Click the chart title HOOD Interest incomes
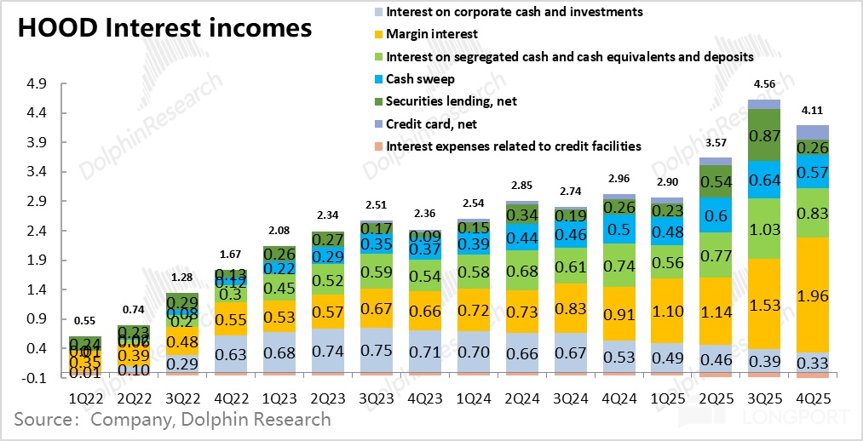(x=164, y=27)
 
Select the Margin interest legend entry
(x=431, y=34)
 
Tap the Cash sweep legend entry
(x=420, y=78)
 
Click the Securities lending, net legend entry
(x=451, y=101)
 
